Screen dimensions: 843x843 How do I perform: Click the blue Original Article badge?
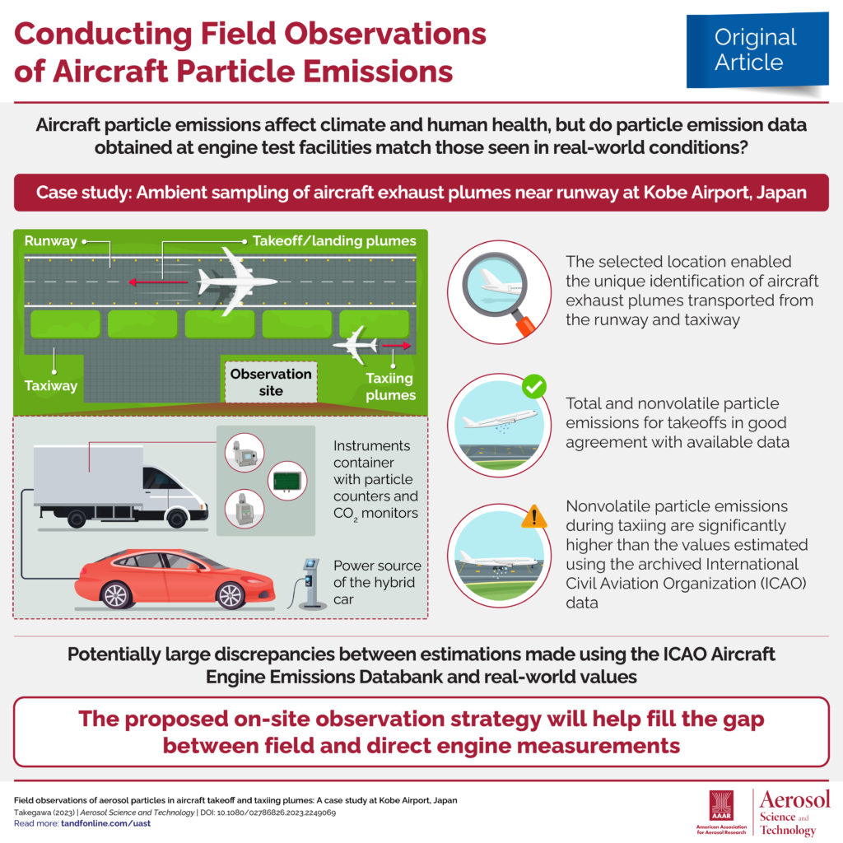(757, 50)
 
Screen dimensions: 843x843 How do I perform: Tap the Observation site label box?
(271, 382)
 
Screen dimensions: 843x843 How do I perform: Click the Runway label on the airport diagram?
(50, 241)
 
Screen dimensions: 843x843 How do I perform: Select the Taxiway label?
(51, 385)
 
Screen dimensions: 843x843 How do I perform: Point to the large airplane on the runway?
(236, 282)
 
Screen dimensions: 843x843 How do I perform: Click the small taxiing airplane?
(356, 345)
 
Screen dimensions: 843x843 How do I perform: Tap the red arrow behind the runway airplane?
(158, 282)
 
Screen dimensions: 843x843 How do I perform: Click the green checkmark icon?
(534, 387)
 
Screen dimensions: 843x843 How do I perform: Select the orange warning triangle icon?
(533, 517)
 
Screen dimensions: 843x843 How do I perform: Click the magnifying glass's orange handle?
(524, 324)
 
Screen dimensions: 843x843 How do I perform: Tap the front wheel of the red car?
(231, 595)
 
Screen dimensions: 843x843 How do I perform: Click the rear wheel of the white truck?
(77, 519)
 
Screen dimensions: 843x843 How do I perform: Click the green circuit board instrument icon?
(287, 481)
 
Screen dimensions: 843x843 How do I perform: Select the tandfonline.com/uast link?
(105, 823)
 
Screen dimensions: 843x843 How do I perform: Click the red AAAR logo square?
(721, 805)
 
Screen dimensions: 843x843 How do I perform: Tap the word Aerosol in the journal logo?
(794, 799)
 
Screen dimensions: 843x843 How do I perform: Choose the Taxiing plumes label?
(390, 387)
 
